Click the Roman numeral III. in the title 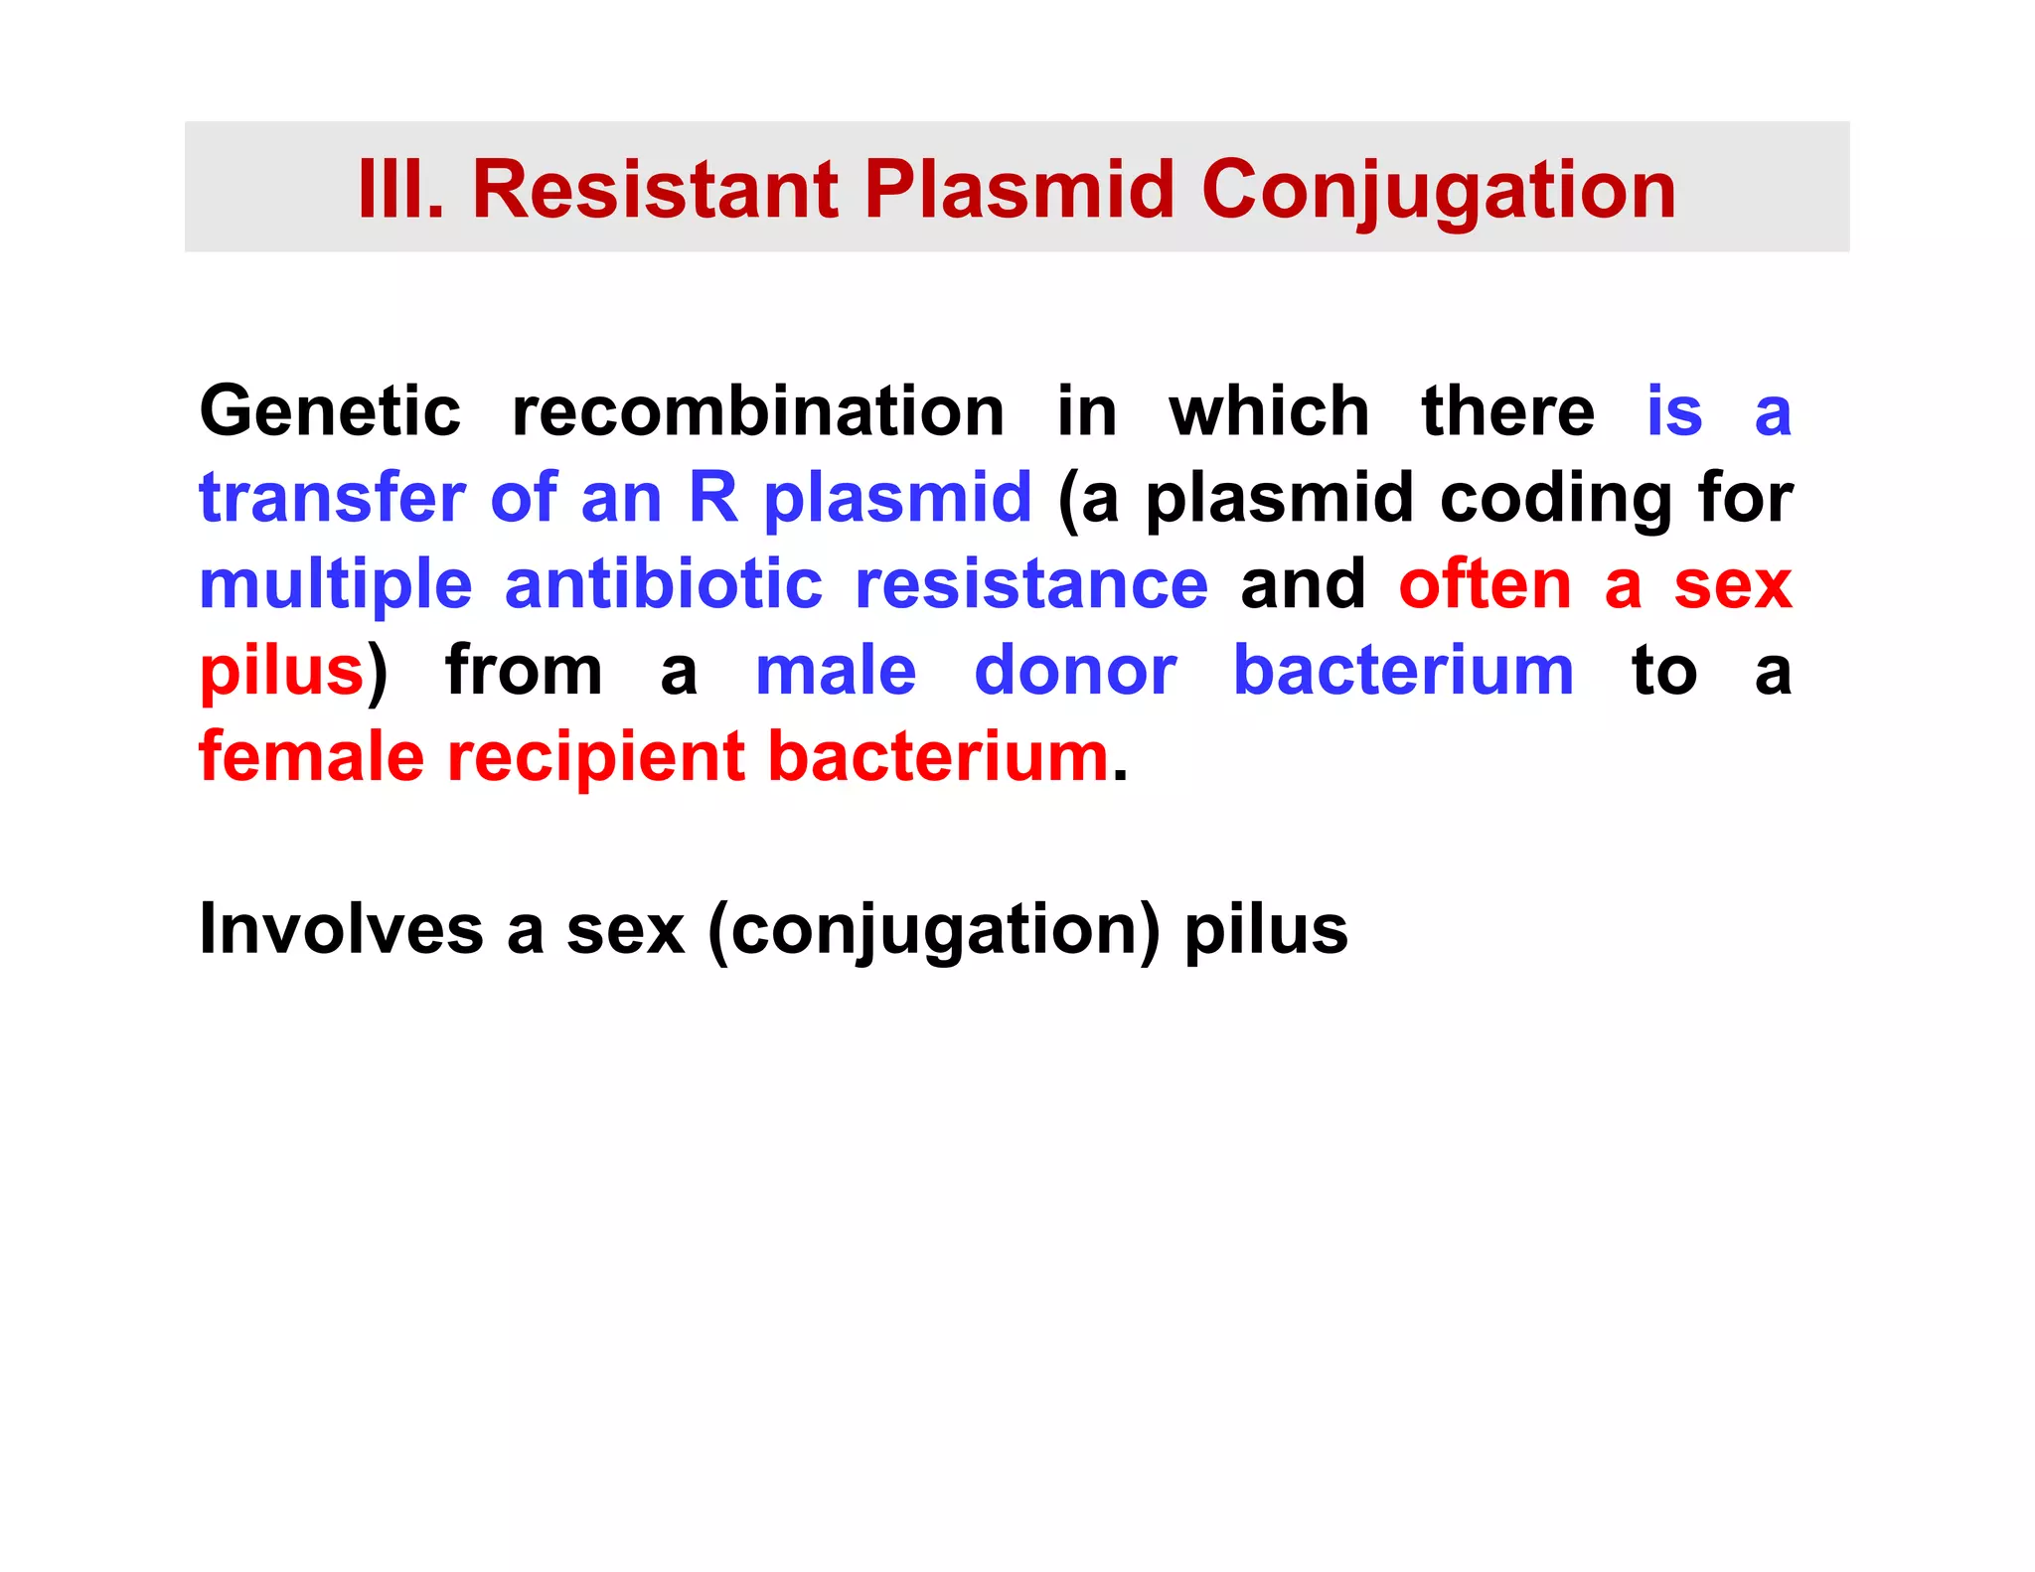(399, 189)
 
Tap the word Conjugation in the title (1438, 191)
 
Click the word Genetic (330, 411)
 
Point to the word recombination (757, 411)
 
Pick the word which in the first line (1269, 411)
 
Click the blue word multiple (335, 584)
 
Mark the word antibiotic (663, 583)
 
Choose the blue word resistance (1031, 583)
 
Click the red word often (1485, 583)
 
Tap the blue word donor (1075, 670)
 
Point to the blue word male (835, 670)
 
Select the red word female (311, 756)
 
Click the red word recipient (595, 758)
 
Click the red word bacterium (938, 756)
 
